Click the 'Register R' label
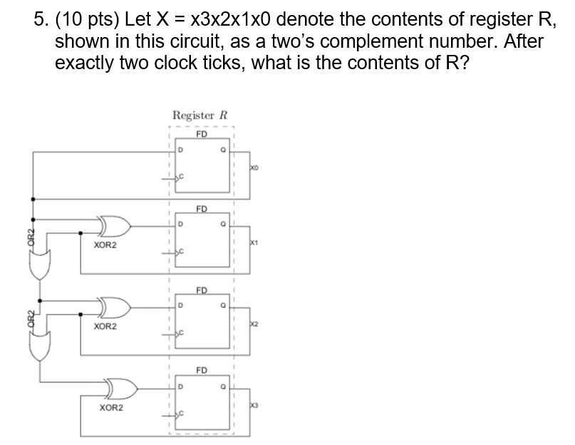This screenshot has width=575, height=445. click(x=199, y=116)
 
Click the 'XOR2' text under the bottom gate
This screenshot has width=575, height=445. click(x=110, y=408)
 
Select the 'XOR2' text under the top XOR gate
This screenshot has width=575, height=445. click(x=105, y=245)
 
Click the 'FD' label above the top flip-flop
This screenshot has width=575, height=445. click(x=202, y=133)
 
